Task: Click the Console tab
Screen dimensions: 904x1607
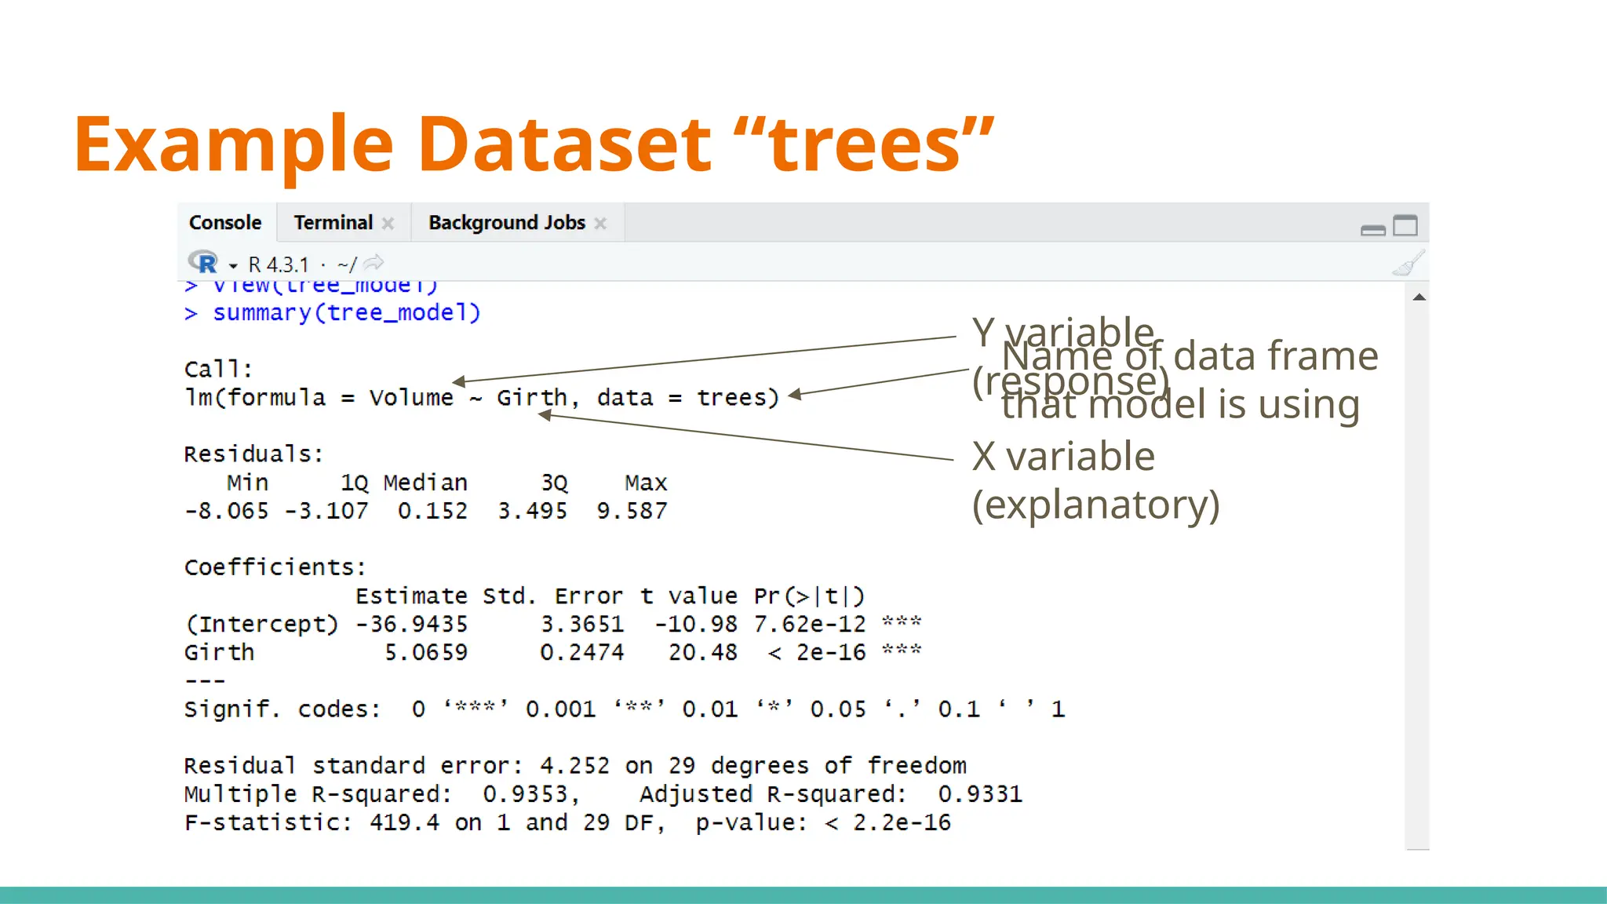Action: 225,223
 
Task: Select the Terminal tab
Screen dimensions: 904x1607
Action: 333,223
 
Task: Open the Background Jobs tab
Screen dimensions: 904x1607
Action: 507,223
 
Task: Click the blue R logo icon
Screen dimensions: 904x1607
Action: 203,262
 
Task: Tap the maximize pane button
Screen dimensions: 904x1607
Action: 1405,226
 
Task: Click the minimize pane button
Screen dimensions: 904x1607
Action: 1372,230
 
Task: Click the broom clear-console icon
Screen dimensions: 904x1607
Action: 1408,264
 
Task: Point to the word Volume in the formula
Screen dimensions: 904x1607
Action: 411,398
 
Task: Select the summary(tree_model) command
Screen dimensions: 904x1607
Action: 346,313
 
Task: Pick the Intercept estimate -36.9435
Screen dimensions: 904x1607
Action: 411,625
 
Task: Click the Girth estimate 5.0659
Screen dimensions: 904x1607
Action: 425,653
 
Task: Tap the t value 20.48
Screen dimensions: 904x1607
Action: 702,653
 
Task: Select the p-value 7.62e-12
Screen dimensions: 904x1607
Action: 809,625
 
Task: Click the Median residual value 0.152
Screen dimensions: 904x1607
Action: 432,512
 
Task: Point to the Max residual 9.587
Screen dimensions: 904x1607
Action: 632,512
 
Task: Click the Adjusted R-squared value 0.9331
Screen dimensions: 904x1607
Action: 979,794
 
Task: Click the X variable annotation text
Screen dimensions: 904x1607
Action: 1063,457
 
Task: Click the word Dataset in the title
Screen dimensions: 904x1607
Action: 564,144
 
